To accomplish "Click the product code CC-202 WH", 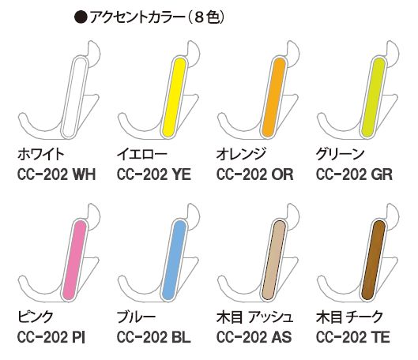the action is (x=56, y=174).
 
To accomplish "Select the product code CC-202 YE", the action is (x=154, y=174).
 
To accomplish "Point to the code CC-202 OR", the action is (x=254, y=174).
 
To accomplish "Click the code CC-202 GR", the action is (x=354, y=174).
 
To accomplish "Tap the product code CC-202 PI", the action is (x=51, y=337).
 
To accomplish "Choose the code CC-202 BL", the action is (x=154, y=337).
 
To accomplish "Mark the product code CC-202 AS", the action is (x=254, y=337).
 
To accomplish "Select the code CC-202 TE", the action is (x=353, y=337).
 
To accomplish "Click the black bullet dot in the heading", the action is (x=81, y=17).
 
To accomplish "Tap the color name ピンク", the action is (x=36, y=317).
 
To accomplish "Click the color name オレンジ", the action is (x=241, y=154).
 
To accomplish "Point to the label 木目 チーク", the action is (x=349, y=317).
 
